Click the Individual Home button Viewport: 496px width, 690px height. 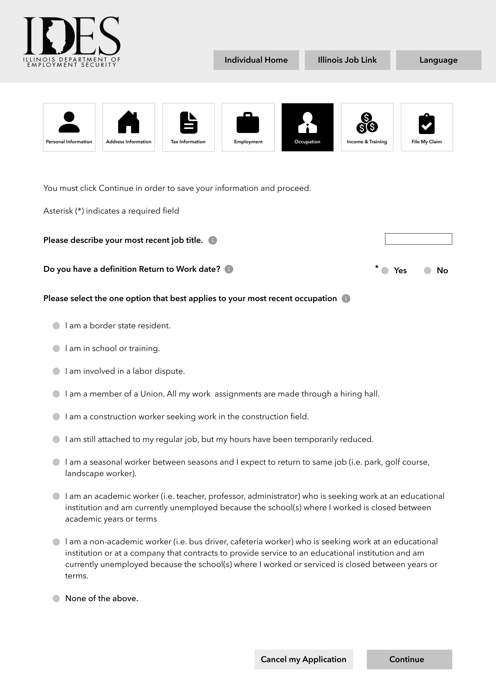(x=256, y=60)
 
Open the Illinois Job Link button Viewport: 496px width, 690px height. (x=347, y=60)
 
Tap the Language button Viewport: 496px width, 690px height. (x=438, y=60)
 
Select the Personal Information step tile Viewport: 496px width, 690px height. (x=69, y=127)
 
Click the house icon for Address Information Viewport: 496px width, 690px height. (x=128, y=122)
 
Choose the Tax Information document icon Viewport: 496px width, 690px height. (x=188, y=122)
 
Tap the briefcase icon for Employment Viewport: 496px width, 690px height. (x=248, y=123)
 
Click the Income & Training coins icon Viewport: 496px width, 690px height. (x=367, y=123)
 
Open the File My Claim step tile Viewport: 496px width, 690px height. (x=426, y=127)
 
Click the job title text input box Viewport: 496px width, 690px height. (x=418, y=239)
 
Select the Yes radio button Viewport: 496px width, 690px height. (x=385, y=271)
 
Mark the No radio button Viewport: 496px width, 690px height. (x=427, y=271)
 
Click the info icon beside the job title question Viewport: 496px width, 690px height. (x=213, y=240)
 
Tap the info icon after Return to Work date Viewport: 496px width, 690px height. (x=229, y=269)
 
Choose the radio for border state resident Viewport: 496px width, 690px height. (x=56, y=326)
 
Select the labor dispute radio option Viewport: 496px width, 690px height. (x=56, y=371)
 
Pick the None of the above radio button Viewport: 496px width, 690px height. (x=56, y=599)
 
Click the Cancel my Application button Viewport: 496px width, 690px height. (x=303, y=659)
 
